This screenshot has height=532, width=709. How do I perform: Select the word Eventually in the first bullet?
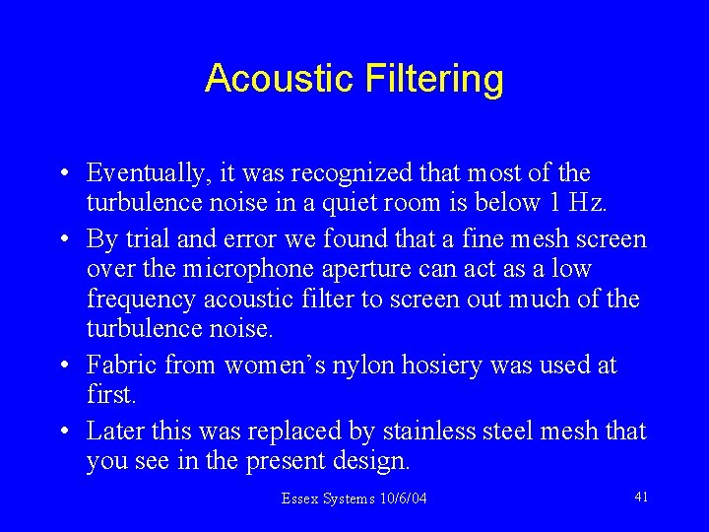click(x=147, y=174)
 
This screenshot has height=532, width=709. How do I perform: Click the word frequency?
click(x=133, y=299)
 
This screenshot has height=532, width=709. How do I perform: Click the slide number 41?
click(x=641, y=497)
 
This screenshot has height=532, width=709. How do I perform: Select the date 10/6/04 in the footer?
click(x=403, y=499)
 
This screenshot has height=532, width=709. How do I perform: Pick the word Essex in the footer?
click(x=298, y=499)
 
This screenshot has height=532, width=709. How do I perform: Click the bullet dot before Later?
click(x=62, y=432)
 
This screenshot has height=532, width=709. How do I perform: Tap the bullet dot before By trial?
click(x=62, y=239)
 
